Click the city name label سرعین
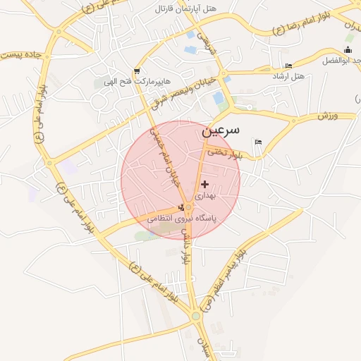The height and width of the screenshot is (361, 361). [219, 130]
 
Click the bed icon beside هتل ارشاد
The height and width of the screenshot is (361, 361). [288, 66]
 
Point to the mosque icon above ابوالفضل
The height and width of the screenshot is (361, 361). [348, 50]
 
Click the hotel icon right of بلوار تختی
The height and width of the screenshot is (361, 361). [258, 142]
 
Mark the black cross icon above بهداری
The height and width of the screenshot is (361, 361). [204, 184]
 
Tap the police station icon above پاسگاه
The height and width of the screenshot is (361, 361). [183, 207]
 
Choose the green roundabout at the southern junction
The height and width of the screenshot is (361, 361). [195, 317]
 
